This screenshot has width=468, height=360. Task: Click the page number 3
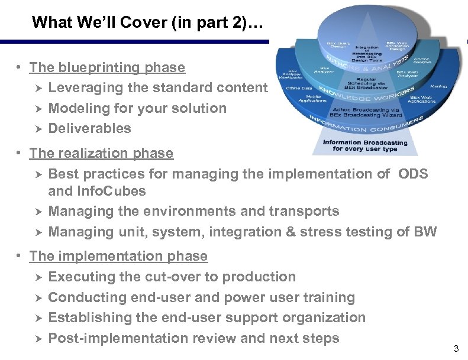456,349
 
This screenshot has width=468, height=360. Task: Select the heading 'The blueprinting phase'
107,68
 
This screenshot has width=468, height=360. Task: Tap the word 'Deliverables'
89,128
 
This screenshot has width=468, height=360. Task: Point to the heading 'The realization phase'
101,153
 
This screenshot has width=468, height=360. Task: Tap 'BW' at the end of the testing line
425,232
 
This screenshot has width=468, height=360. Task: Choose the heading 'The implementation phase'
118,256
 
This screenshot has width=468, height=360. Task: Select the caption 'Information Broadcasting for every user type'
365,145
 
